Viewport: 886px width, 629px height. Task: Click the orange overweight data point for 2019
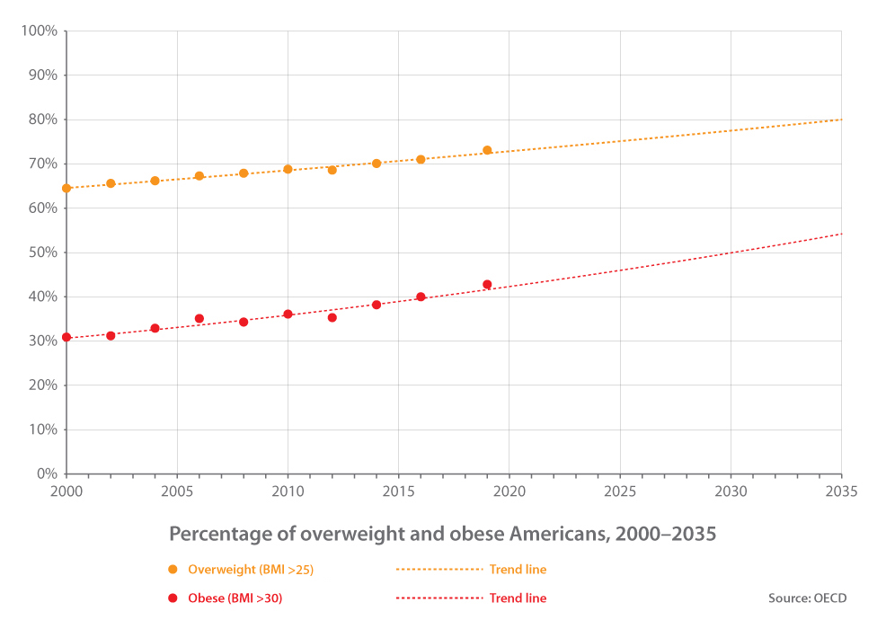(x=487, y=150)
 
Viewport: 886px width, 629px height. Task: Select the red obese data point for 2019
(x=487, y=285)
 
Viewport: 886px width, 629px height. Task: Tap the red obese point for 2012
(x=332, y=317)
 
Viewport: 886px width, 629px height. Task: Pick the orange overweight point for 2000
(x=66, y=188)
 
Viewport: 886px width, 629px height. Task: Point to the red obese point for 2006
(x=199, y=319)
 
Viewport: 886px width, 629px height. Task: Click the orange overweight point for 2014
(x=377, y=164)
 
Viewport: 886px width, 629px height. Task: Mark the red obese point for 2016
(x=421, y=297)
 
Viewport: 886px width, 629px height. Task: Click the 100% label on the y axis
(x=40, y=31)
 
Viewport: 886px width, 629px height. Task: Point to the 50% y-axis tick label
(x=42, y=252)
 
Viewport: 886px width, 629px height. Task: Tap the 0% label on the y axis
(x=47, y=474)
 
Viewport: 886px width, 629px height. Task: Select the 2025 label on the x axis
(x=620, y=492)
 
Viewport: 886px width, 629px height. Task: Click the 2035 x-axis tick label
(x=841, y=492)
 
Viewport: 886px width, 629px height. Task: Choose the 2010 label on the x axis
(x=288, y=492)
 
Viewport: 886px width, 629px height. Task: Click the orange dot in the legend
(x=173, y=570)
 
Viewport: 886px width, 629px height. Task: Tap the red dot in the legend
(x=173, y=598)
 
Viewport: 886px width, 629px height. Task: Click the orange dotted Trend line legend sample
(x=439, y=570)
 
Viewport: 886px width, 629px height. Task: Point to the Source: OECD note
(x=807, y=598)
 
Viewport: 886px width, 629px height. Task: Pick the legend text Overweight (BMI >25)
(x=251, y=570)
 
